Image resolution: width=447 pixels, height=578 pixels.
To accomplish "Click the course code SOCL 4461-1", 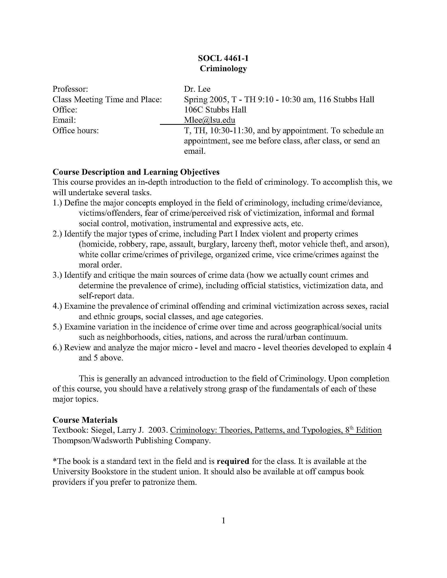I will [223, 58].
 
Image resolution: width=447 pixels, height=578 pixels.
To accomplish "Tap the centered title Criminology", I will [223, 68].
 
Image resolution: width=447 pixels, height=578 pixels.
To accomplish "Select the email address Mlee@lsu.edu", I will [210, 120].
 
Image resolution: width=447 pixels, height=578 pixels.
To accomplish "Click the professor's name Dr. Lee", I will [197, 89].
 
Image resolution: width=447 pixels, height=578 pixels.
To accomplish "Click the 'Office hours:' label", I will [75, 131].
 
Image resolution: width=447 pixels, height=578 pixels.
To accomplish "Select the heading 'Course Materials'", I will [85, 420].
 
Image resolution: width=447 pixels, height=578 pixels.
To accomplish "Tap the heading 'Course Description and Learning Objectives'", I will [136, 172].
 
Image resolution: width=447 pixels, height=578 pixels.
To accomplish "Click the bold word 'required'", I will [233, 461].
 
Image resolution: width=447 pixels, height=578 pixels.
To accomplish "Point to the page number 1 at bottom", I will [223, 521].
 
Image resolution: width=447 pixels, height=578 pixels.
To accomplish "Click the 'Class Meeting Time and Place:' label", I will [107, 100].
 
